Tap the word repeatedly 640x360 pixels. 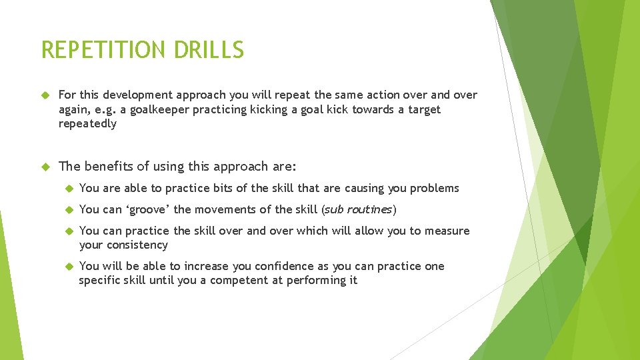pyautogui.click(x=87, y=123)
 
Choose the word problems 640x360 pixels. pyautogui.click(x=434, y=188)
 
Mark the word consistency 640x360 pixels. pyautogui.click(x=138, y=245)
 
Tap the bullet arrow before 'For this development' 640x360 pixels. pyautogui.click(x=45, y=95)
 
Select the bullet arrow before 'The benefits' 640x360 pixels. pyautogui.click(x=45, y=167)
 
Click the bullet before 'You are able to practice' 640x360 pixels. pyautogui.click(x=67, y=188)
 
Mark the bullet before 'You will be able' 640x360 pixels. pyautogui.click(x=67, y=266)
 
